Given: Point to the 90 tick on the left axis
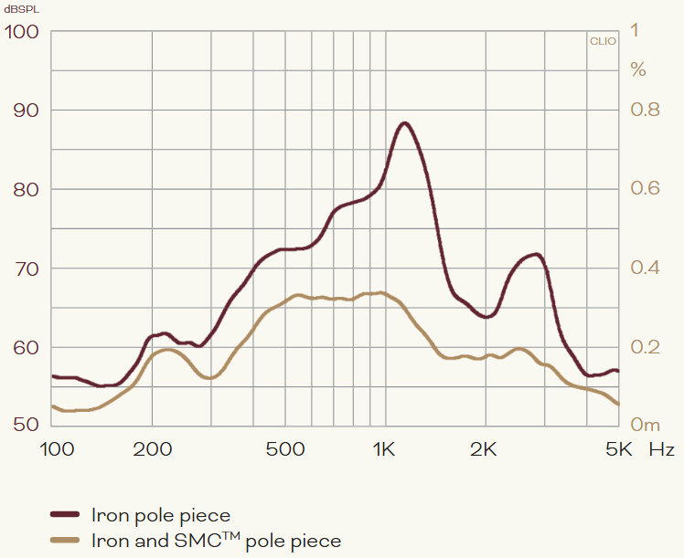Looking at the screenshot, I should (x=24, y=111).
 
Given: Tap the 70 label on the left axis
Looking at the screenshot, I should (x=24, y=268).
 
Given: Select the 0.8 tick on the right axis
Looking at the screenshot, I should (x=646, y=111).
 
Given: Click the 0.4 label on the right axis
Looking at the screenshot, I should (x=646, y=268).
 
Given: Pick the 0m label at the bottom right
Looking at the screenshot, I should (x=646, y=426).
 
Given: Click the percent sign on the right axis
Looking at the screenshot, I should (x=638, y=69).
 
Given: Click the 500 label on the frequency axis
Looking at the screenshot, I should (x=285, y=449).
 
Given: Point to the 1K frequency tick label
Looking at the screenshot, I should (x=383, y=449).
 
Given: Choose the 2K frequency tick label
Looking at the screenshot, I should (x=484, y=449).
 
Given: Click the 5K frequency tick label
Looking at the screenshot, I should (x=620, y=449).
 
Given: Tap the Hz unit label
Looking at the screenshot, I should (x=662, y=449).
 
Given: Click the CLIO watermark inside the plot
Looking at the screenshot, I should (x=603, y=41).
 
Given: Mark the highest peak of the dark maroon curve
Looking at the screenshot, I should (x=404, y=123).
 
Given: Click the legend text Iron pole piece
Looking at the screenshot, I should (x=161, y=516).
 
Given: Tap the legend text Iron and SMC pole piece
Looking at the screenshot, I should (x=216, y=542).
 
